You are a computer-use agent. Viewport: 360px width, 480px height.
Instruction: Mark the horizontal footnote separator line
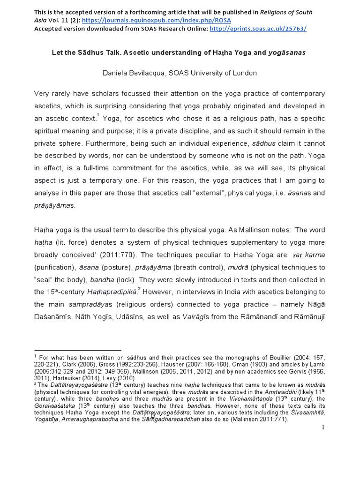click(x=78, y=350)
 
